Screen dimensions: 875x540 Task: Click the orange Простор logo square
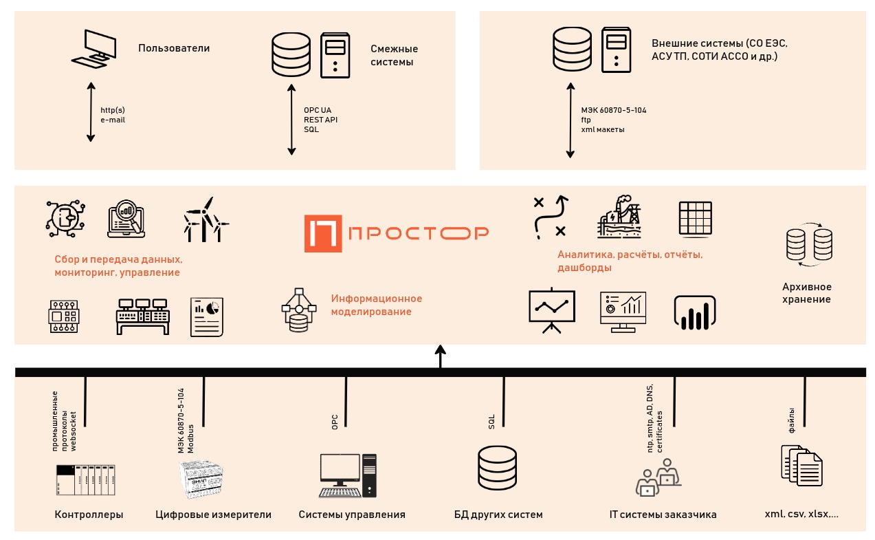click(323, 233)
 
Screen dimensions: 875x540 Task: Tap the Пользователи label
click(174, 48)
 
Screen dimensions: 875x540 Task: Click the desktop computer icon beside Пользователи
click(93, 49)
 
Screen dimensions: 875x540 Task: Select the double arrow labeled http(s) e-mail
click(91, 112)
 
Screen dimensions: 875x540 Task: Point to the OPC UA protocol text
click(318, 110)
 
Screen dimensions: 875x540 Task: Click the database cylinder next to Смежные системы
click(291, 54)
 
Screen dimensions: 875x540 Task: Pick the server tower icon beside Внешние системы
click(616, 50)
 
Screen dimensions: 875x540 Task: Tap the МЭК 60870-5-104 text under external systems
click(614, 110)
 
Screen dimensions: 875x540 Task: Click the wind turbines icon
click(206, 219)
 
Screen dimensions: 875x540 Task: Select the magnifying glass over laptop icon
click(126, 219)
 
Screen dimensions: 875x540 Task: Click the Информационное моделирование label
click(376, 305)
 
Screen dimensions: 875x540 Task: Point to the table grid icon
click(696, 219)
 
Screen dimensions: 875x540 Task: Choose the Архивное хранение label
click(807, 293)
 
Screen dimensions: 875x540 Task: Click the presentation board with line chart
click(551, 310)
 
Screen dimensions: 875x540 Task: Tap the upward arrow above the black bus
click(440, 356)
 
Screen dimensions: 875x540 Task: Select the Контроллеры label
click(89, 514)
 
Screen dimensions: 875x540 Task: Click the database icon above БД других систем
click(497, 468)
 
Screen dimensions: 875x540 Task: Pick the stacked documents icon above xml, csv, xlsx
click(801, 465)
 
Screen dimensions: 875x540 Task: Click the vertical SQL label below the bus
click(491, 422)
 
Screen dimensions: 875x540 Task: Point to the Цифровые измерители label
click(213, 514)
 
